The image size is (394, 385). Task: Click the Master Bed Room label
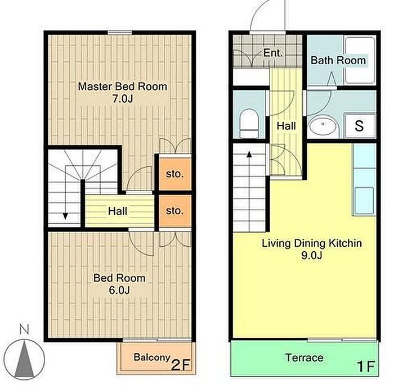[122, 87]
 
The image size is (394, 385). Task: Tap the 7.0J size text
[122, 99]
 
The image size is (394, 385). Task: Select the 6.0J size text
[119, 291]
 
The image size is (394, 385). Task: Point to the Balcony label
[152, 357]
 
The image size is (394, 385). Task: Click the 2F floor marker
[181, 365]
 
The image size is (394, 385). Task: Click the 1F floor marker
[366, 366]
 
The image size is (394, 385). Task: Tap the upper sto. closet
[175, 174]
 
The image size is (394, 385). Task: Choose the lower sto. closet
[175, 211]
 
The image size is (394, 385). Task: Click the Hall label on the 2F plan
[117, 211]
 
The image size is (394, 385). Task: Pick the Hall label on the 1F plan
[286, 126]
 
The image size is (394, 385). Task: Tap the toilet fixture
[249, 123]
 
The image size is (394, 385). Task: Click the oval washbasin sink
[323, 126]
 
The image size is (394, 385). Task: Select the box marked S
[359, 126]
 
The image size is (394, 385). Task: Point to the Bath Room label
[338, 60]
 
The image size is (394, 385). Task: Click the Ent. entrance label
[273, 53]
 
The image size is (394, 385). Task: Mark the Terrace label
[305, 357]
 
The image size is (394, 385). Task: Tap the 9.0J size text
[312, 255]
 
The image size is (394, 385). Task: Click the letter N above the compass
[24, 329]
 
